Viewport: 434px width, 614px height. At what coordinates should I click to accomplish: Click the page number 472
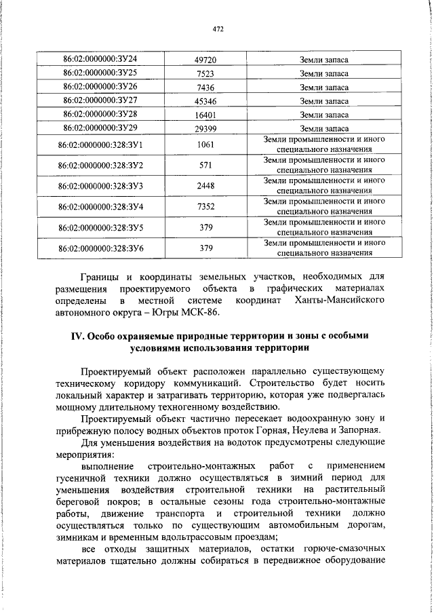click(x=218, y=28)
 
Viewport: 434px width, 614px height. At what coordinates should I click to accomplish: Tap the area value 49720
click(x=205, y=60)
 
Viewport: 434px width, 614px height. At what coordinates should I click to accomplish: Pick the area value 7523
click(x=205, y=74)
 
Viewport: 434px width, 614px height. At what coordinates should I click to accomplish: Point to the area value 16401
click(x=205, y=115)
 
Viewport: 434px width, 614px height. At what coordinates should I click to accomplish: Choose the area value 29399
click(x=205, y=128)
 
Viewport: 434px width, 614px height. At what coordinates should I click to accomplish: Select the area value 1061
click(x=205, y=145)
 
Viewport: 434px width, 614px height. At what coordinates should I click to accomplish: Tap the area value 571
click(x=205, y=166)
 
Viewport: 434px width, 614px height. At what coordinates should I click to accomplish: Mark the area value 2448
click(x=205, y=186)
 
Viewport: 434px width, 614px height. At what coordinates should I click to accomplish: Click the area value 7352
click(x=205, y=206)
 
